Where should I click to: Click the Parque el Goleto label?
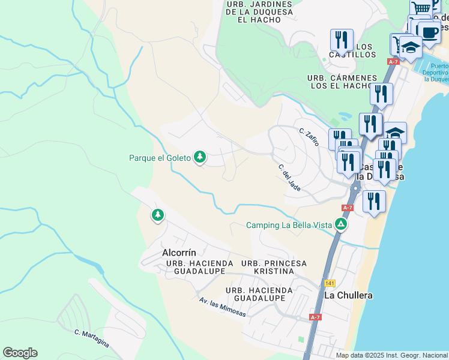coord(160,158)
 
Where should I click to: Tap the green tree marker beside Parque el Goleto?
coord(200,158)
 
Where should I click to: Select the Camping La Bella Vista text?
coord(289,226)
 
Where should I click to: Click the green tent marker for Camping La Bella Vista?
coord(340,225)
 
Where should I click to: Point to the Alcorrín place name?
coord(179,253)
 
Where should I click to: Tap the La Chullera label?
coord(348,295)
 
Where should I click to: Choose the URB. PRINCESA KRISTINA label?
coord(273,268)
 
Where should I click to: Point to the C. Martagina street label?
coord(92,337)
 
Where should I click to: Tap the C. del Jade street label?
coord(289,178)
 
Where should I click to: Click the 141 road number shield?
coord(328,283)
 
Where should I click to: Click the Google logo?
coord(20,353)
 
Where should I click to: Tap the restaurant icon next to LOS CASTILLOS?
coord(342,40)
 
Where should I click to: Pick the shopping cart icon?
coord(422,8)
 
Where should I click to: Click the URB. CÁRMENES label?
coord(342,78)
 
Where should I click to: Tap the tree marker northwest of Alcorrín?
coord(158,214)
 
